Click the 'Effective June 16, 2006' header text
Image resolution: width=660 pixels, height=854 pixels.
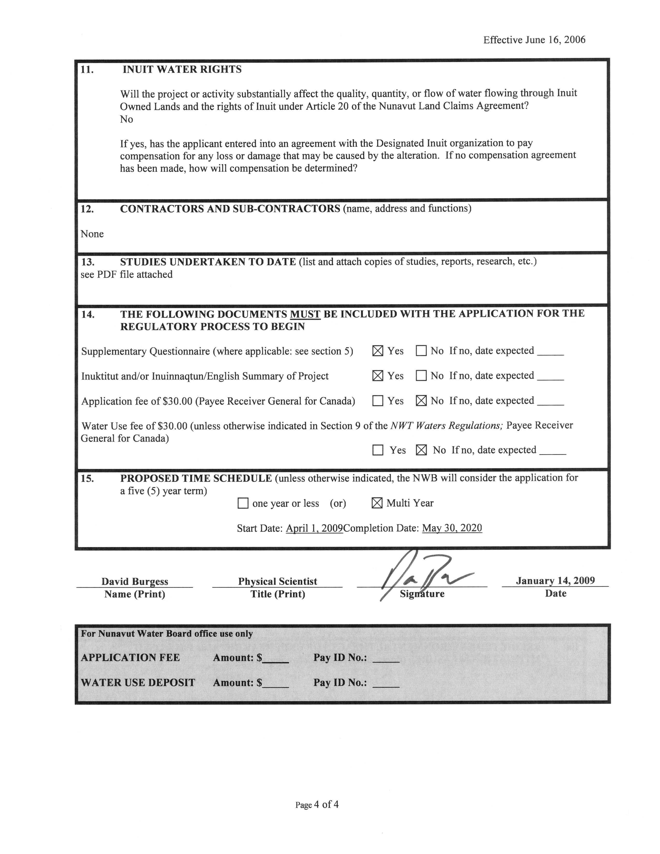(534, 40)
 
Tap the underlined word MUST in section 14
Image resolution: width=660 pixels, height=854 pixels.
(305, 314)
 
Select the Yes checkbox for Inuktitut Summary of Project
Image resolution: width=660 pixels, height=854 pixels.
(378, 376)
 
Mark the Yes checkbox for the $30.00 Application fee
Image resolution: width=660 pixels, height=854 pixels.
(378, 401)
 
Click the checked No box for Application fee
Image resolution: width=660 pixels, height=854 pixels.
(421, 401)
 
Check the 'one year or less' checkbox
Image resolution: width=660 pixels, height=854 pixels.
(243, 503)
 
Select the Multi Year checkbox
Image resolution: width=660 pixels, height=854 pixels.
(377, 503)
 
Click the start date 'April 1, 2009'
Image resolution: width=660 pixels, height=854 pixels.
(314, 528)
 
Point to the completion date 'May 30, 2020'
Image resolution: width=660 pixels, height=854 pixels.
(452, 528)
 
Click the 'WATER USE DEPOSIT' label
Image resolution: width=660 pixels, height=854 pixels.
(138, 682)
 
